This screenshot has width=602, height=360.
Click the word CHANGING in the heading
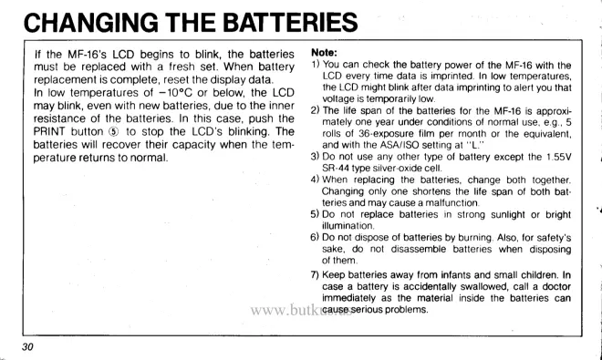pyautogui.click(x=91, y=22)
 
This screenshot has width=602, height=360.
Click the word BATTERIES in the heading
pyautogui.click(x=290, y=22)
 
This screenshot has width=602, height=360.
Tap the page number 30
pyautogui.click(x=27, y=347)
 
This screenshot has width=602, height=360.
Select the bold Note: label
pyautogui.click(x=324, y=52)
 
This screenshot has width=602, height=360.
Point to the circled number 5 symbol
pyautogui.click(x=114, y=131)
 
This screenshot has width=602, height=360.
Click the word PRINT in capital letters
pyautogui.click(x=49, y=131)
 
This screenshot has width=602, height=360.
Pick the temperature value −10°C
pyautogui.click(x=176, y=93)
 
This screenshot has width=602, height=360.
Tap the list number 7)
pyautogui.click(x=315, y=275)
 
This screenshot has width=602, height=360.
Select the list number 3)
pyautogui.click(x=315, y=157)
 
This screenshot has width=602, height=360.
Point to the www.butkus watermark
pyautogui.click(x=301, y=310)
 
